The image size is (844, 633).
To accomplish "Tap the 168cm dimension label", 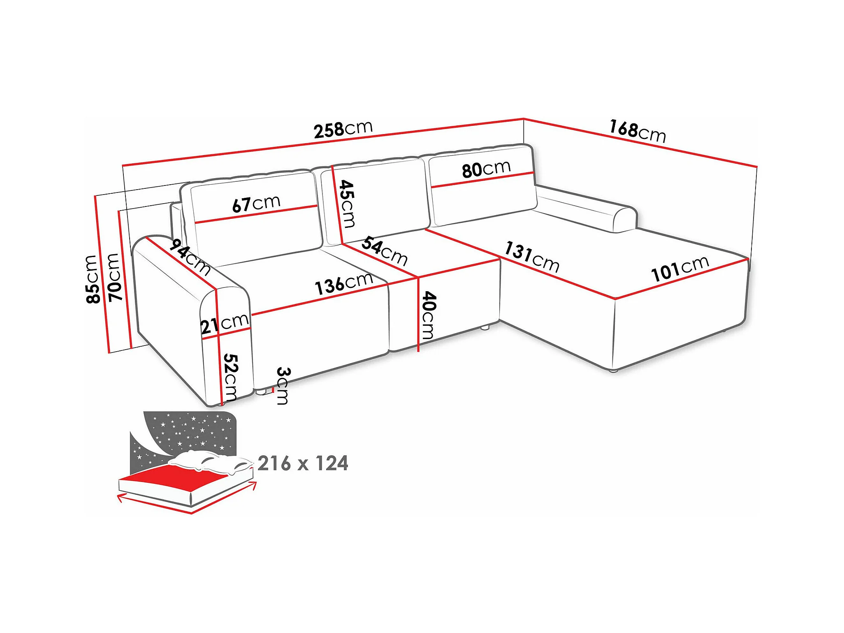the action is [x=638, y=131].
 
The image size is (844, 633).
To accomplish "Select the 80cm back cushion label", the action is [x=486, y=169].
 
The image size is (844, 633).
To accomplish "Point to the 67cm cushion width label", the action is [x=256, y=203].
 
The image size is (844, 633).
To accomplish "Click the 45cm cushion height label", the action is [x=347, y=204].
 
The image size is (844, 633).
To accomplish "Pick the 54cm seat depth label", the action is [x=385, y=251].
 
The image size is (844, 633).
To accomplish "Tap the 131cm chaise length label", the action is [x=532, y=257].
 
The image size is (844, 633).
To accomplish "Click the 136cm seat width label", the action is [x=344, y=284].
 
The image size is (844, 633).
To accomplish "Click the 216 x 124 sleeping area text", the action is [x=303, y=464].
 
